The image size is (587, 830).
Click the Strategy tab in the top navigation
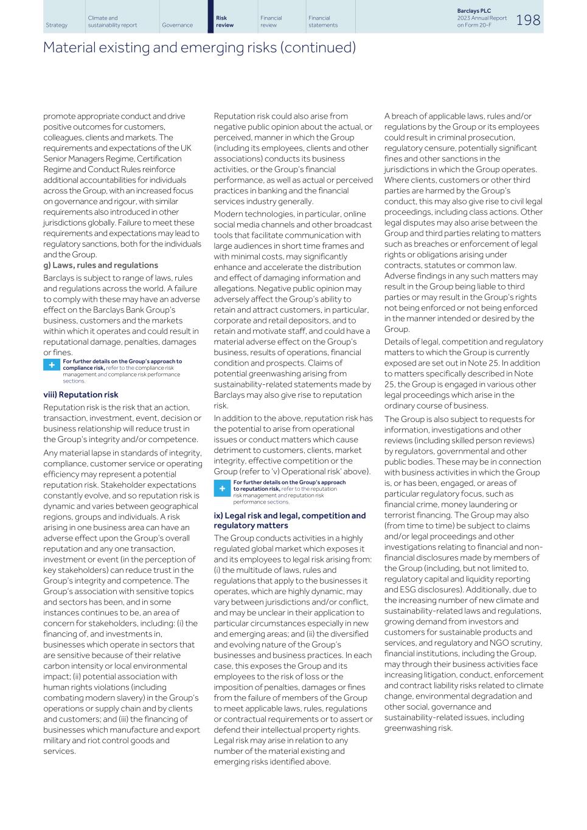tap(57, 25)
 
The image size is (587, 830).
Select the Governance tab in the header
tap(177, 25)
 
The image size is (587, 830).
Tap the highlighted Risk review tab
tap(224, 22)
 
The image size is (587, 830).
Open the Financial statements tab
tap(322, 22)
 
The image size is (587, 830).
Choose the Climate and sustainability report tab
tap(113, 22)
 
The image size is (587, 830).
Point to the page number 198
tap(528, 20)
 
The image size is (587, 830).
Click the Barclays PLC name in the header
tap(474, 11)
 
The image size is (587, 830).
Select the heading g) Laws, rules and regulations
tap(100, 265)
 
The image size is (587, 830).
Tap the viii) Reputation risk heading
tap(80, 395)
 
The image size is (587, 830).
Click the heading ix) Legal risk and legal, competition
tap(290, 516)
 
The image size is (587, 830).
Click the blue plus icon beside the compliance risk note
tap(52, 365)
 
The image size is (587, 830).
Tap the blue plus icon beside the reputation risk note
tap(222, 488)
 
